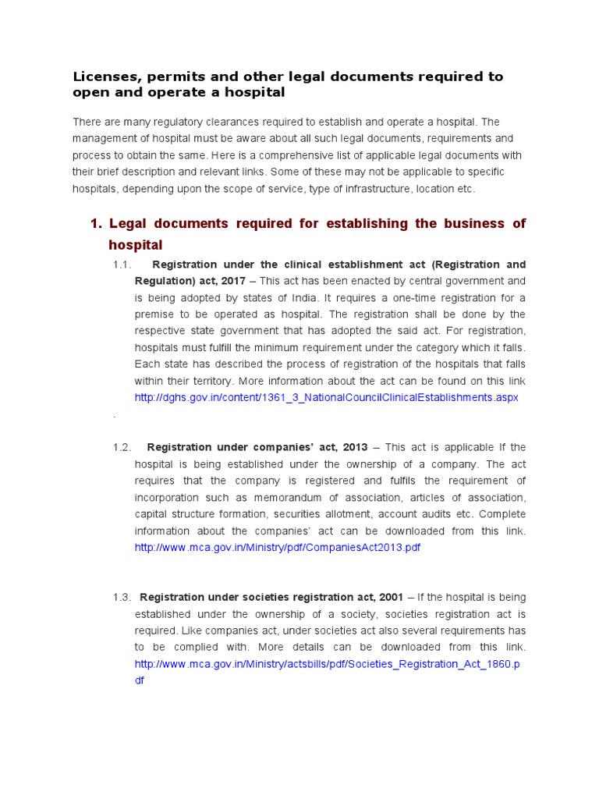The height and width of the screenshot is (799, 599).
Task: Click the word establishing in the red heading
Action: [x=364, y=224]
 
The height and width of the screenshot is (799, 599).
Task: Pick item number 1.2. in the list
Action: [x=122, y=447]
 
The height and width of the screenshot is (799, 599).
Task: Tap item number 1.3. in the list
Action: [x=122, y=597]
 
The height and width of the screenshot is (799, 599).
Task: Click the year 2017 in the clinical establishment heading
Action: [x=233, y=280]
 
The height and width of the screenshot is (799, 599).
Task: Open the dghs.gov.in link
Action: [x=326, y=397]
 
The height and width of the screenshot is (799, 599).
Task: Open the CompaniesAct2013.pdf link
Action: [x=277, y=547]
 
